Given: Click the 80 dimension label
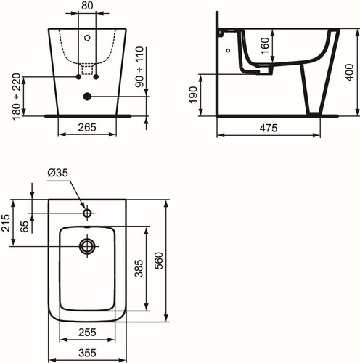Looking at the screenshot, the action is (x=87, y=6).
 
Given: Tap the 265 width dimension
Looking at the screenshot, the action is (x=87, y=127).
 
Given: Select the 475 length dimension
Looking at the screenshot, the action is (x=269, y=128).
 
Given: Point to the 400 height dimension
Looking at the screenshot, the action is (x=349, y=73).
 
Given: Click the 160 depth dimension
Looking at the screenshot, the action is (x=265, y=46).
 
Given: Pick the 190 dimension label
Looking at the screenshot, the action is (x=193, y=94).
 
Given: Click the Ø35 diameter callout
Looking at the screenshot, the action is (x=58, y=173).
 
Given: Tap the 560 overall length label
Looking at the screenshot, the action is (x=159, y=261).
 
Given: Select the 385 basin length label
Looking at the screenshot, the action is (x=139, y=269).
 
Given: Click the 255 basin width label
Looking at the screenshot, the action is (x=87, y=333).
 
